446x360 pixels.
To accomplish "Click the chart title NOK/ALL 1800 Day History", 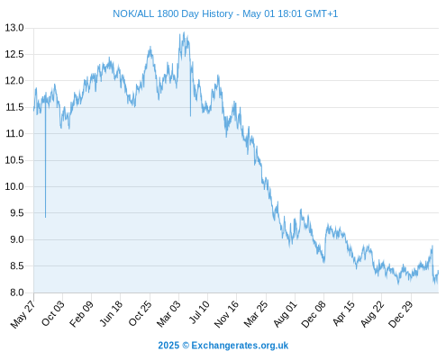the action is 173,13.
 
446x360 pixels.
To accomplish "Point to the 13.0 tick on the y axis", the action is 14,28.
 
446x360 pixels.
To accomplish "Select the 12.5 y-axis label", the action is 14,54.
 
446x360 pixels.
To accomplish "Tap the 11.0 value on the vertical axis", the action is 14,133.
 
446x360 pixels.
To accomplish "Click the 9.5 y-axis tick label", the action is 17,213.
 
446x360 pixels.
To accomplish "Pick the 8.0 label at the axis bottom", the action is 17,292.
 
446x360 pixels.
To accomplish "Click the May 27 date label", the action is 23,314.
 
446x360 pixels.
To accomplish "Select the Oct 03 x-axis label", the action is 53,313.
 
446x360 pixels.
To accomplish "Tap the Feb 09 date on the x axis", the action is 82,314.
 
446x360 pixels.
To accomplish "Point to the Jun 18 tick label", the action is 111,313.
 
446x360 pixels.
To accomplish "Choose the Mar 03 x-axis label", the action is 169,314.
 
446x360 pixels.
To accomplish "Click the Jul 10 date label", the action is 199,312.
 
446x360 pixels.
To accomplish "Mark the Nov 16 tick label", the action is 227,314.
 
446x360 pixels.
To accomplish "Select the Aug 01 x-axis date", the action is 286,314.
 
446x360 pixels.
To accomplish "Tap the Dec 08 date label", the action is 314,314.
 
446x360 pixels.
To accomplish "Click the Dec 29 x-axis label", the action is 401,314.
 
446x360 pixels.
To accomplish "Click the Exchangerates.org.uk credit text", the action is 240,346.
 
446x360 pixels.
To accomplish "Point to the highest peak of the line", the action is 184,32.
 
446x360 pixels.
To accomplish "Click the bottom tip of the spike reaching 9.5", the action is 46,217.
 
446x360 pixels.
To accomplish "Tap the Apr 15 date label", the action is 344,313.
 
